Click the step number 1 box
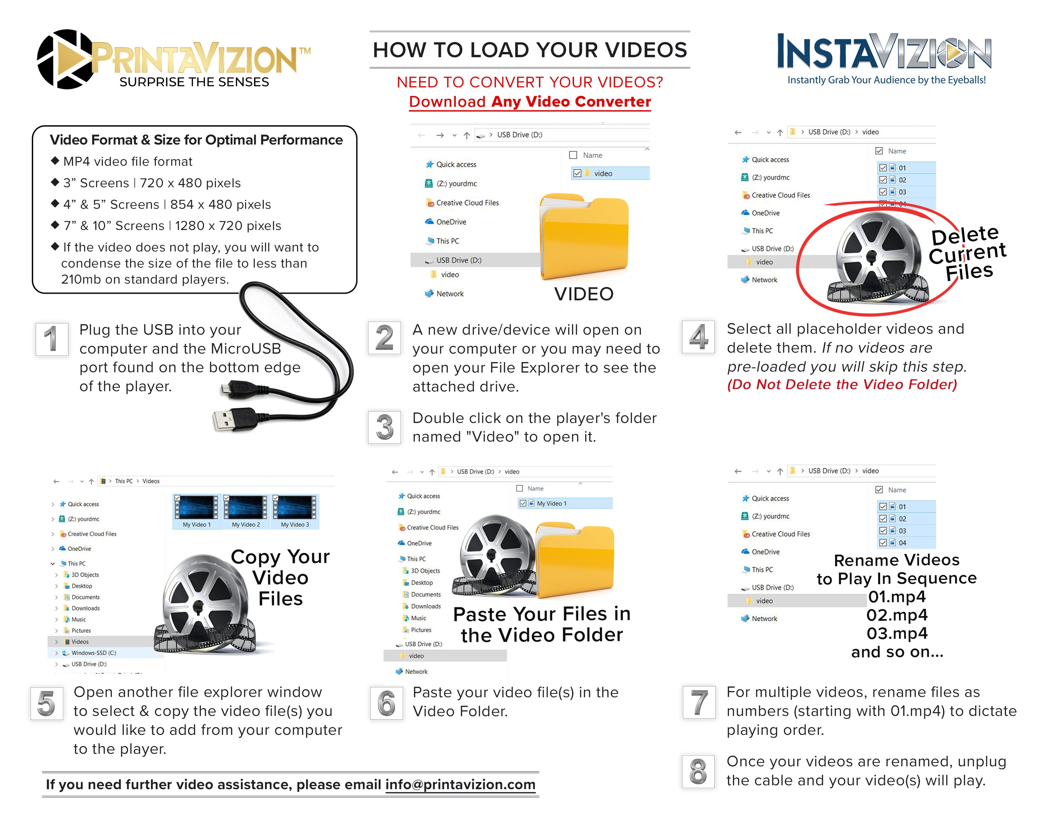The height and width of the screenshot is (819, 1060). (51, 339)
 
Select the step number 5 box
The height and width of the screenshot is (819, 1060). (47, 703)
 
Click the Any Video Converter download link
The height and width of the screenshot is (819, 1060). (530, 102)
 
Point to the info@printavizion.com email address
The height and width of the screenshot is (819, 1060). (460, 785)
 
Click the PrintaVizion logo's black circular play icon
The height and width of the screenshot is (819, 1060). (66, 59)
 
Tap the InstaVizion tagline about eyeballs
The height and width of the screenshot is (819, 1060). (886, 80)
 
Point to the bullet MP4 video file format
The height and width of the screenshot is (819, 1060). (128, 162)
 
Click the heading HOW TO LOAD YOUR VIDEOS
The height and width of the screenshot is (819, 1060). (530, 50)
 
